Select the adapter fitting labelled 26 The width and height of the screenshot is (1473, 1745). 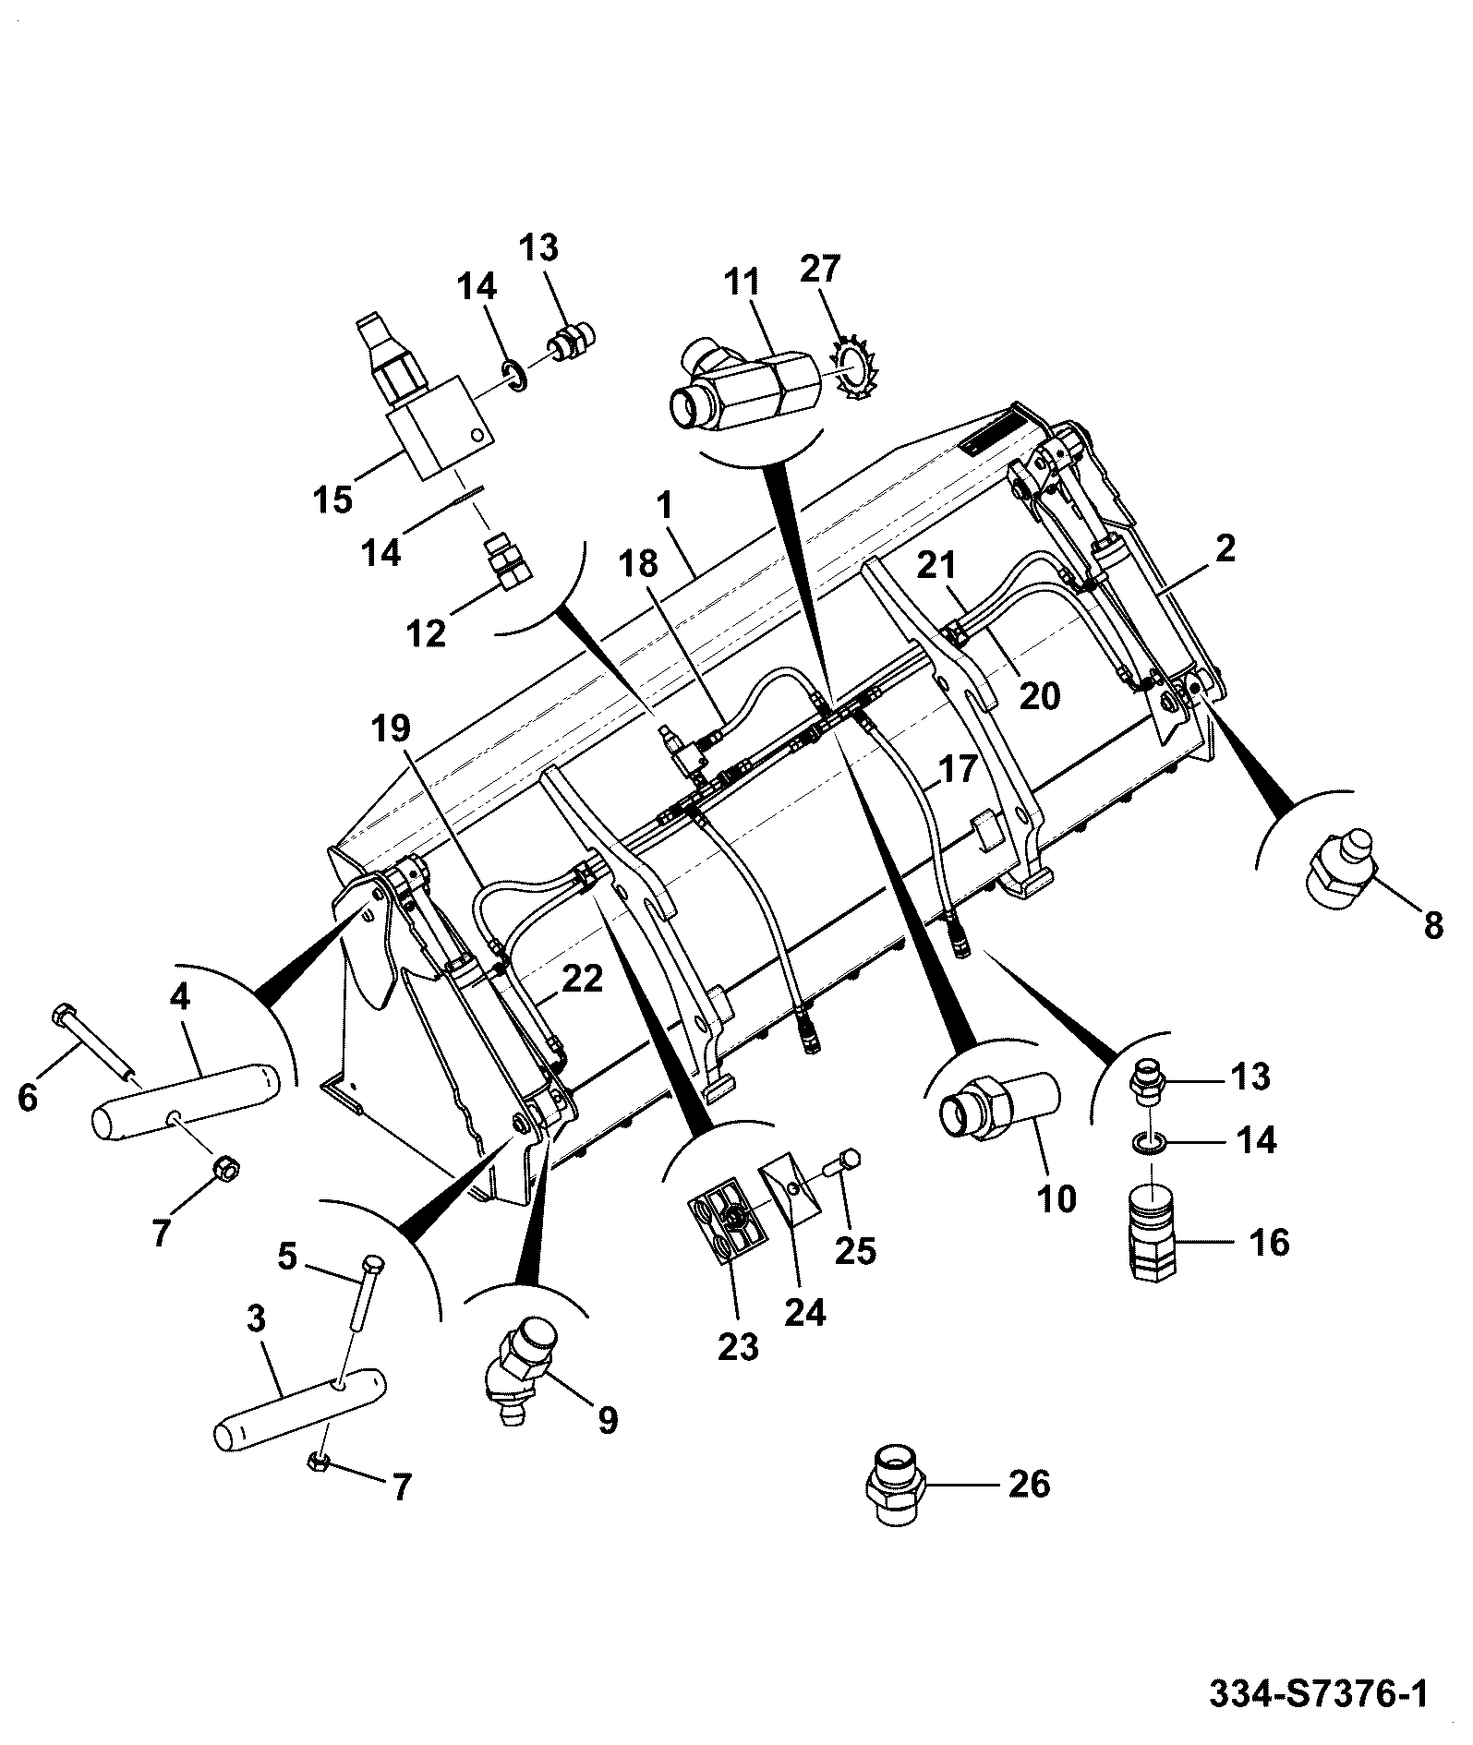click(897, 1488)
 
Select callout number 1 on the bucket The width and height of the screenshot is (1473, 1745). click(664, 507)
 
